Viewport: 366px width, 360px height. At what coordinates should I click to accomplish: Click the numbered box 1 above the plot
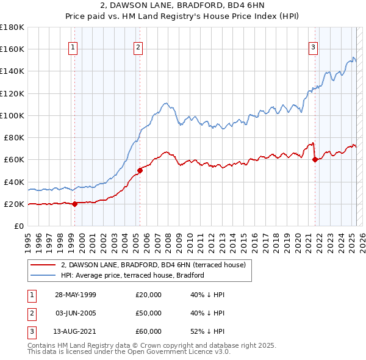[73, 47]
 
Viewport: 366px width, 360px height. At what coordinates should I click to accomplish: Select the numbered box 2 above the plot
[138, 47]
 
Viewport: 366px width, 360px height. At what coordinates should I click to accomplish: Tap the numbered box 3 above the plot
[313, 47]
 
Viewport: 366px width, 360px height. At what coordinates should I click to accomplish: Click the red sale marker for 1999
[75, 204]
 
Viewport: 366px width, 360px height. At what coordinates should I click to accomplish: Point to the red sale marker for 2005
[140, 170]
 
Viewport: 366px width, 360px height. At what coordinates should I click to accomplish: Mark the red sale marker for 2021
[315, 159]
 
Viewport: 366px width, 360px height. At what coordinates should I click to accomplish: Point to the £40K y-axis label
[15, 182]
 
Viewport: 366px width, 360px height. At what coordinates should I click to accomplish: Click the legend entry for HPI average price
[132, 275]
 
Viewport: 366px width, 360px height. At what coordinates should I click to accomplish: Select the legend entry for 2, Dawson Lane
[153, 265]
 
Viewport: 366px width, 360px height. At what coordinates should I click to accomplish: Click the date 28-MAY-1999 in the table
[75, 295]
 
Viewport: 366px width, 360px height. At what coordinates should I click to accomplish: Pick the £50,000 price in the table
[148, 313]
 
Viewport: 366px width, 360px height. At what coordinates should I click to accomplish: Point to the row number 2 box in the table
[30, 313]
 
